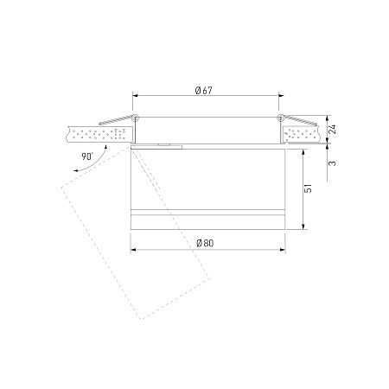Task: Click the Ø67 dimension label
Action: click(x=204, y=91)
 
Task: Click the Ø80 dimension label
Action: click(x=205, y=243)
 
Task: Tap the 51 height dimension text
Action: click(x=308, y=188)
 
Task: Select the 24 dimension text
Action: click(x=332, y=129)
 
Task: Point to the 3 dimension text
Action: click(x=332, y=163)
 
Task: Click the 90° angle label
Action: click(x=87, y=156)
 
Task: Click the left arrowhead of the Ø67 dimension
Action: click(x=135, y=95)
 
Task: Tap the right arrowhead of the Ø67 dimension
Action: click(x=281, y=95)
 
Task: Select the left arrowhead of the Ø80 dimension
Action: click(x=133, y=250)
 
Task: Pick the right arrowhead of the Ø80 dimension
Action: click(x=283, y=250)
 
